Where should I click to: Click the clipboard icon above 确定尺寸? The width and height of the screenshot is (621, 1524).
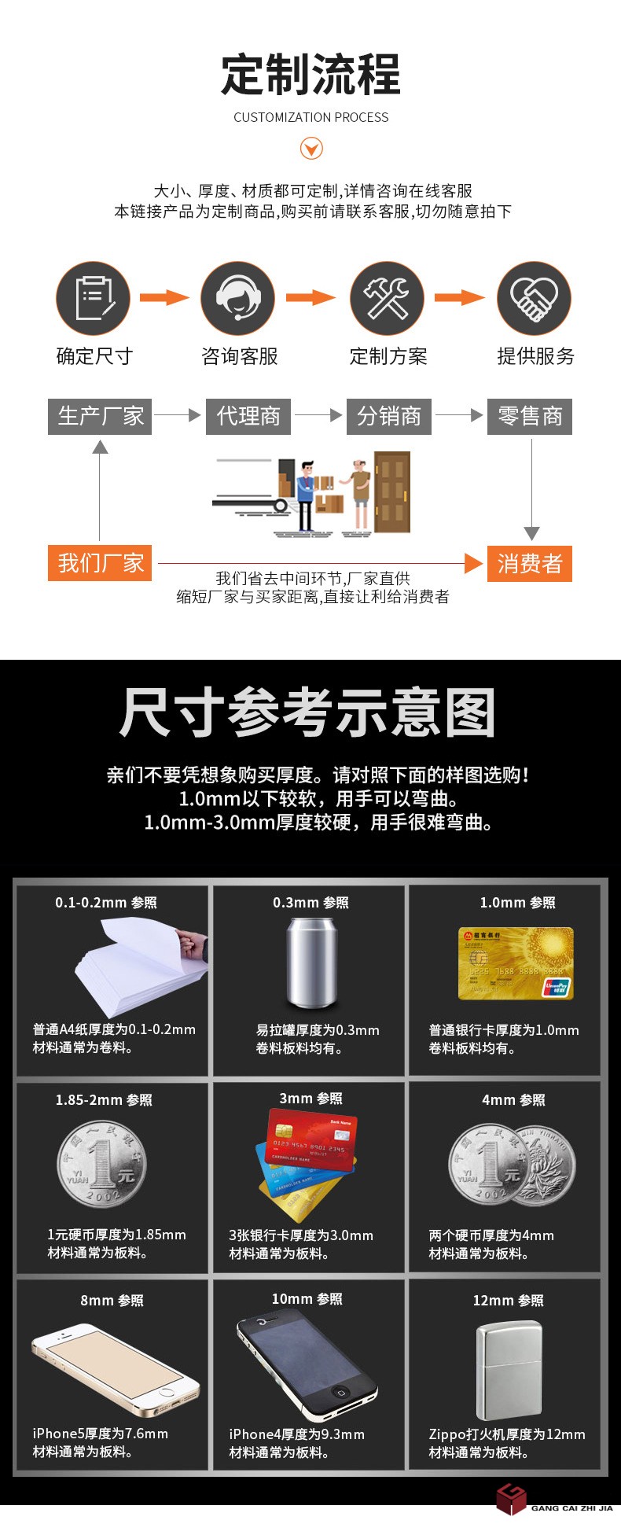[93, 298]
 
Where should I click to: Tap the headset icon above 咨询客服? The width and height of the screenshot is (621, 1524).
[238, 298]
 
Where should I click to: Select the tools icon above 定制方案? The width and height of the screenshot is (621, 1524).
[387, 298]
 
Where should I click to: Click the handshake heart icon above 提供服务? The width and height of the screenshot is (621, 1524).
[535, 298]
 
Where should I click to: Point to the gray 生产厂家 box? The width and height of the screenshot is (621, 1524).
[100, 416]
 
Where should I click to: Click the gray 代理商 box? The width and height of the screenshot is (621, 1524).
[248, 416]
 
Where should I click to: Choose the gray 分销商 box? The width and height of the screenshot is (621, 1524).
[389, 416]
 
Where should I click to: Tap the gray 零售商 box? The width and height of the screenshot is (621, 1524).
[530, 416]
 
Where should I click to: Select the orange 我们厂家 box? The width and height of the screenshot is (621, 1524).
[100, 563]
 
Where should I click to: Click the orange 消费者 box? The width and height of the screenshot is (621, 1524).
[530, 563]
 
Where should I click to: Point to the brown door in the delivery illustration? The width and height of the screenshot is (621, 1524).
[391, 492]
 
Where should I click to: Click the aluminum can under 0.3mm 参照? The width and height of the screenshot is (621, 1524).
[311, 963]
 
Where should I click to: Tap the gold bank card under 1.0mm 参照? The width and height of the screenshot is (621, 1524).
[516, 963]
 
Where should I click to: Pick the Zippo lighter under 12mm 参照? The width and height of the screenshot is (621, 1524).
[509, 1370]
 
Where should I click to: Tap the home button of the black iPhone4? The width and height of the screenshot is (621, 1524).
[341, 1392]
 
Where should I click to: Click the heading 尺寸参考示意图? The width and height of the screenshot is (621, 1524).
[307, 712]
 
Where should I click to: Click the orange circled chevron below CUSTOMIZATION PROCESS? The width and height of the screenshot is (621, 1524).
[312, 148]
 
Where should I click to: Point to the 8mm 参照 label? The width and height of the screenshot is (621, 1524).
[112, 1301]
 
